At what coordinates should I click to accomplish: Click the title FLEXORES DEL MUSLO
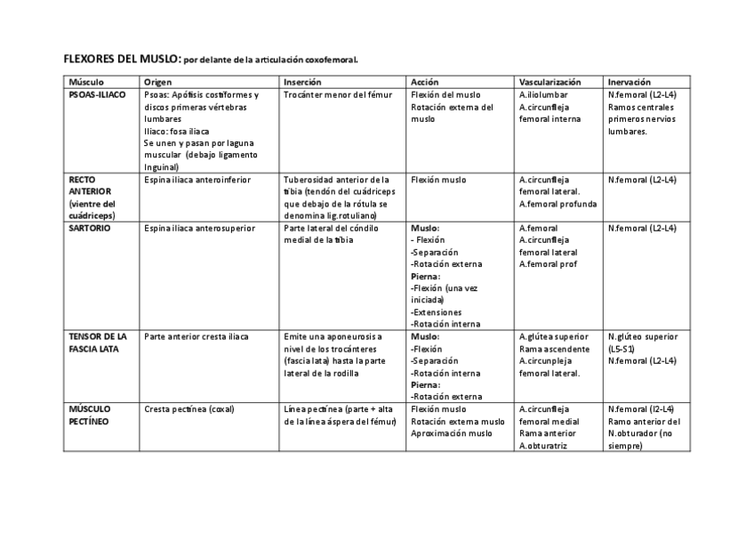pyautogui.click(x=121, y=59)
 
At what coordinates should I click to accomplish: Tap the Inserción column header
pyautogui.click(x=302, y=81)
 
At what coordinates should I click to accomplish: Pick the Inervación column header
pyautogui.click(x=630, y=81)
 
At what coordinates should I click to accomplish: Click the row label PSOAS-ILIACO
pyautogui.click(x=97, y=93)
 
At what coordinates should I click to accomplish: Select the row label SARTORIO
pyautogui.click(x=89, y=228)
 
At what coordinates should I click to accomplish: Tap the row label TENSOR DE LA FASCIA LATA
pyautogui.click(x=98, y=343)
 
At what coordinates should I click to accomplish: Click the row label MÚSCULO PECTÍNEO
pyautogui.click(x=89, y=415)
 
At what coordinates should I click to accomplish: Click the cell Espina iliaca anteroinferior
pyautogui.click(x=197, y=179)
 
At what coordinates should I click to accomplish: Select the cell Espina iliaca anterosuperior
pyautogui.click(x=199, y=228)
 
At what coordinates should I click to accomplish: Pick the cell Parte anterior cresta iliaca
pyautogui.click(x=197, y=336)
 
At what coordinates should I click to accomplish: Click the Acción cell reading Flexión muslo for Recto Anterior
pyautogui.click(x=438, y=179)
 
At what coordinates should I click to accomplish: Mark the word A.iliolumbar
pyautogui.click(x=543, y=93)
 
